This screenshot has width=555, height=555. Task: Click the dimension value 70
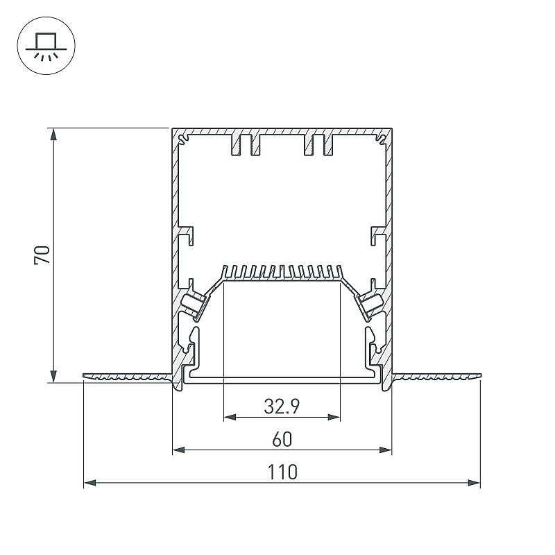(x=42, y=255)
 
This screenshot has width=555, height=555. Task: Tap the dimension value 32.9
(x=282, y=406)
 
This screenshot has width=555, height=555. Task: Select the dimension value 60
(x=282, y=439)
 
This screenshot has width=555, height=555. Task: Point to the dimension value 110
(x=282, y=472)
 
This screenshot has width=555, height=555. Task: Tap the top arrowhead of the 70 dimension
(x=53, y=135)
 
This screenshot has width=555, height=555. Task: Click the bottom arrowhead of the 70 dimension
(x=53, y=375)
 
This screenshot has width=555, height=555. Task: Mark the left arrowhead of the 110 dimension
(x=90, y=482)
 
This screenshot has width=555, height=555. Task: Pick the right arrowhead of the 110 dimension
(x=474, y=482)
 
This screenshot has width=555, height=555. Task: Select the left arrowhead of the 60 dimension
(x=179, y=450)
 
